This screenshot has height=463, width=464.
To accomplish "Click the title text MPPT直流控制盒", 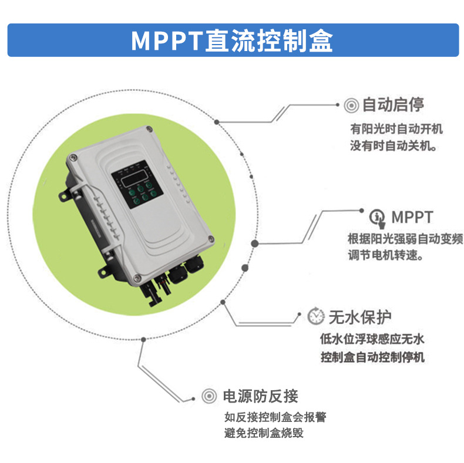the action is pyautogui.click(x=231, y=40).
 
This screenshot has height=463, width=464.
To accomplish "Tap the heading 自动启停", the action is pyautogui.click(x=393, y=105).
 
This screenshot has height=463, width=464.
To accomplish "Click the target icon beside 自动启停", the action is pyautogui.click(x=351, y=105).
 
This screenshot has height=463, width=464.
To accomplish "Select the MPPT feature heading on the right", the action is pyautogui.click(x=411, y=217).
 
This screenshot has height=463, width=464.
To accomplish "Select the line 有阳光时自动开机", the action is pyautogui.click(x=396, y=129).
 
